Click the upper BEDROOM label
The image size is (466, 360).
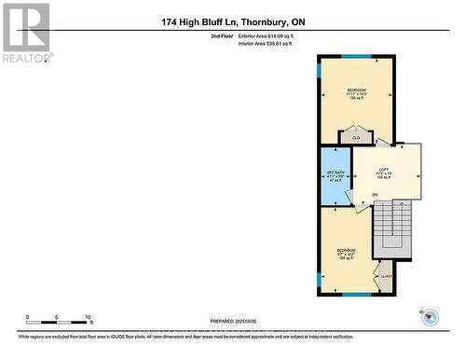356,90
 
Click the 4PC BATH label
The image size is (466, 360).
335,173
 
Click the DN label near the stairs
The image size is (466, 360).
376,195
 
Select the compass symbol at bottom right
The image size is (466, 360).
430,318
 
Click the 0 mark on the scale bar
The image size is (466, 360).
28,317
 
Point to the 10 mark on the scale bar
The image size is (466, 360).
88,317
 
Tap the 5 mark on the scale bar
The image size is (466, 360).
58,317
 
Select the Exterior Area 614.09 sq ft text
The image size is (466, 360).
271,35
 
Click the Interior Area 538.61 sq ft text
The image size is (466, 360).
271,44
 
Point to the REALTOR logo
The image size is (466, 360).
25,32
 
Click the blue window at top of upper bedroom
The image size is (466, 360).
356,57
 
